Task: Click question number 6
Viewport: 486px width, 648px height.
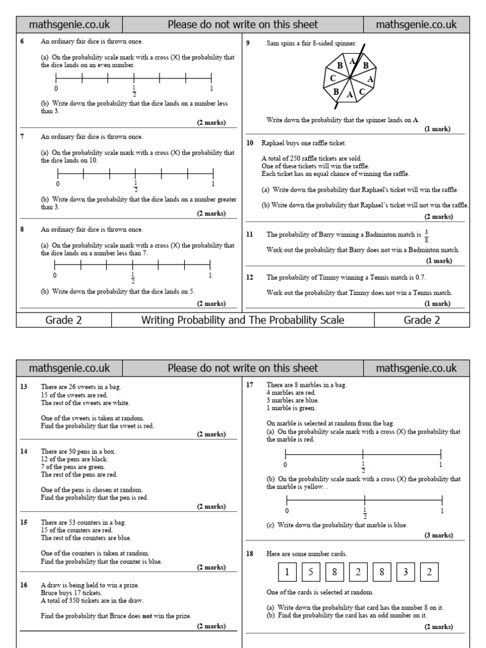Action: tap(22, 42)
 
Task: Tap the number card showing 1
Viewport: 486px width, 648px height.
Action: tap(287, 572)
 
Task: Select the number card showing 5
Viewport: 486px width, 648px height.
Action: tap(311, 572)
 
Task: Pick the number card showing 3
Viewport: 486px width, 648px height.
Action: tap(405, 572)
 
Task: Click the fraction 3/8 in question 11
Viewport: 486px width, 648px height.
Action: tap(427, 234)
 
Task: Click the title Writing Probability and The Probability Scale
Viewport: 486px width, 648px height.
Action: tap(242, 320)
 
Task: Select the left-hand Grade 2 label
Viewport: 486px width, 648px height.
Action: tap(63, 320)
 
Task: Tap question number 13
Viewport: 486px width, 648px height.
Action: tap(23, 386)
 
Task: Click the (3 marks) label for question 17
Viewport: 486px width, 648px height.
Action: tap(439, 535)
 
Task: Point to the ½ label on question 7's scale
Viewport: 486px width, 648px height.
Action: tap(135, 186)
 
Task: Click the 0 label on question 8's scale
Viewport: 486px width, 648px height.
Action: tap(54, 276)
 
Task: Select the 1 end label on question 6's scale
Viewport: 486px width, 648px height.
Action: tap(211, 89)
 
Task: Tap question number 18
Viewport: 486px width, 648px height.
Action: tap(250, 553)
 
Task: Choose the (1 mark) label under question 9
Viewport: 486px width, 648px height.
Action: tap(437, 129)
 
